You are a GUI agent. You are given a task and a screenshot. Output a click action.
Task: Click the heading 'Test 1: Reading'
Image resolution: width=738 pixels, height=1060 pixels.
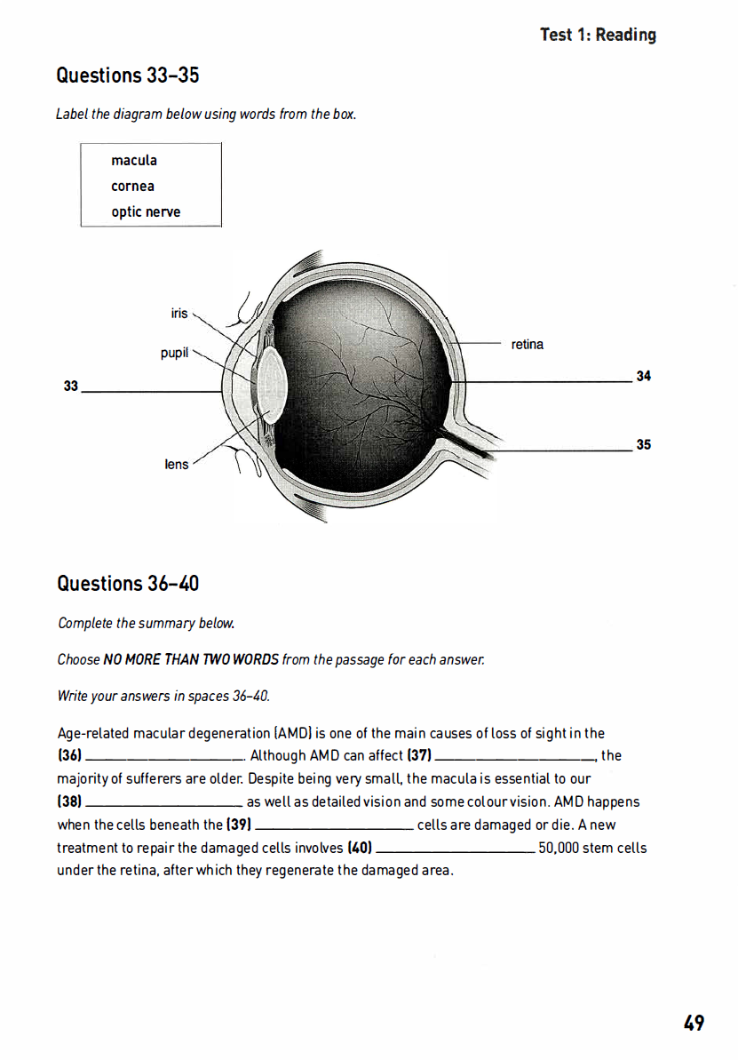[x=598, y=35]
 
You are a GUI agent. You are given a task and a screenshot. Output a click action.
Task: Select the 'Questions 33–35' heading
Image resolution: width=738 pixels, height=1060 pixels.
[x=128, y=76]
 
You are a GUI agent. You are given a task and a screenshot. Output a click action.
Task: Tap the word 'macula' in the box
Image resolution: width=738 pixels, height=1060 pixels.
[x=134, y=161]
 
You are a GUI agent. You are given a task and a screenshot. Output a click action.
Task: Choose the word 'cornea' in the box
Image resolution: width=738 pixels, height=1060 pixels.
[x=132, y=187]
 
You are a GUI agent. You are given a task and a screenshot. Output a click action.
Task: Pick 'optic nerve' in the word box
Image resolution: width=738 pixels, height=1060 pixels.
[x=146, y=212]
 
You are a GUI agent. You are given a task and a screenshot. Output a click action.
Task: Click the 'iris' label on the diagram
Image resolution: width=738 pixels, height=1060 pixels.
[x=179, y=314]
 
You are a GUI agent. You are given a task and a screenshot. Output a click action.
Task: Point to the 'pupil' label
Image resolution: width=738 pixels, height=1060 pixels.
[x=175, y=354]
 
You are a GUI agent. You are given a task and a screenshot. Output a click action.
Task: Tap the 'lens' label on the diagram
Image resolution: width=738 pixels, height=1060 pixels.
[x=177, y=464]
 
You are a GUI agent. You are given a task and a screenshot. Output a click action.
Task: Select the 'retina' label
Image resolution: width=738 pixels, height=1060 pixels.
[x=528, y=345]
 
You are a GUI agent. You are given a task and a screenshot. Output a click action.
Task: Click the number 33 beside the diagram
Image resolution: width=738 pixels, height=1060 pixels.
[x=71, y=386]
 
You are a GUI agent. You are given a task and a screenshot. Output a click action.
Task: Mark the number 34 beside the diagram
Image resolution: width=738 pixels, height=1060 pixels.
[x=644, y=377]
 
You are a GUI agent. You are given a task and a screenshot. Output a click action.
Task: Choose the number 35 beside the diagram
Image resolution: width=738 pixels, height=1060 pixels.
[x=644, y=444]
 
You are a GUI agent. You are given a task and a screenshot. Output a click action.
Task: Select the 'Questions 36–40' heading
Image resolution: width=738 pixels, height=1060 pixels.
[x=128, y=584]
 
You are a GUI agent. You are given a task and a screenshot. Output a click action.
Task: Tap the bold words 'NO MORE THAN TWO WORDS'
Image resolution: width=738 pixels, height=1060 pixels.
[x=191, y=660]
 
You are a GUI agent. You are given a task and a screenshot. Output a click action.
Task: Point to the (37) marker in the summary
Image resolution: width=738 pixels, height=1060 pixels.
[x=418, y=756]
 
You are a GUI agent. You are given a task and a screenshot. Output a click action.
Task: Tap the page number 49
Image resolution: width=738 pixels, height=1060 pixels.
[x=694, y=1023]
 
